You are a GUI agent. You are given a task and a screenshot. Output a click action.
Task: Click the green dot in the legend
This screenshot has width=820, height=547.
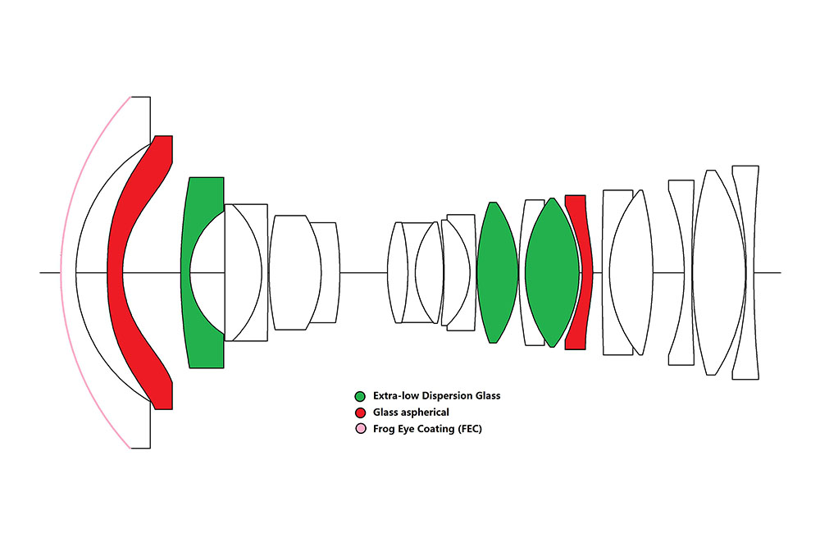click(360, 395)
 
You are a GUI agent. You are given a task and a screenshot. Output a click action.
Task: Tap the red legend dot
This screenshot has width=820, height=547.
click(360, 412)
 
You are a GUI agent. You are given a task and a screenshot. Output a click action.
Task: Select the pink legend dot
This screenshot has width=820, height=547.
click(360, 428)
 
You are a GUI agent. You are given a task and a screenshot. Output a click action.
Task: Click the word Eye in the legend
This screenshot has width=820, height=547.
click(405, 428)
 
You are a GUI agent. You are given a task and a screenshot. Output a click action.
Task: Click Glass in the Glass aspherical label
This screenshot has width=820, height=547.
click(386, 412)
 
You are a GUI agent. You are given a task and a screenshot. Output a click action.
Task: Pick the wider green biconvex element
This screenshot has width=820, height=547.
click(552, 272)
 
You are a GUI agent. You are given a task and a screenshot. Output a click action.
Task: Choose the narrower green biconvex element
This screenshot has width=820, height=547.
click(496, 272)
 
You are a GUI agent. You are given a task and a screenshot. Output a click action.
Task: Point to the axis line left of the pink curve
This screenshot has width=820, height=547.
click(49, 272)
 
